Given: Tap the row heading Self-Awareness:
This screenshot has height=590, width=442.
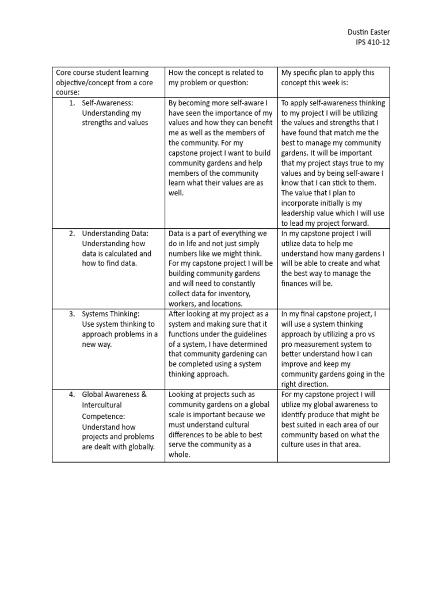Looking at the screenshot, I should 108,103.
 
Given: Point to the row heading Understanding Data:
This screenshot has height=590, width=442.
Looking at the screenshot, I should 115,233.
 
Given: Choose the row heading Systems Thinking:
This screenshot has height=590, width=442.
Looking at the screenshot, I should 110,314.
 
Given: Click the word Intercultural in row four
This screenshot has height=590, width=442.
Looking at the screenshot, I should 102,404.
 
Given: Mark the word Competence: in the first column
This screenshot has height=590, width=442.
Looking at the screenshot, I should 104,415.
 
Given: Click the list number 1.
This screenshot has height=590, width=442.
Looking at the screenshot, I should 71,103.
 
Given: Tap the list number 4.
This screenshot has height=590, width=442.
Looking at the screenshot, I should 71,395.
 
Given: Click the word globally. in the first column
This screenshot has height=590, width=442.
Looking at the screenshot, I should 138,447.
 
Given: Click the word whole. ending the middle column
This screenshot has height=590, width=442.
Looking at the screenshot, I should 180,455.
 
